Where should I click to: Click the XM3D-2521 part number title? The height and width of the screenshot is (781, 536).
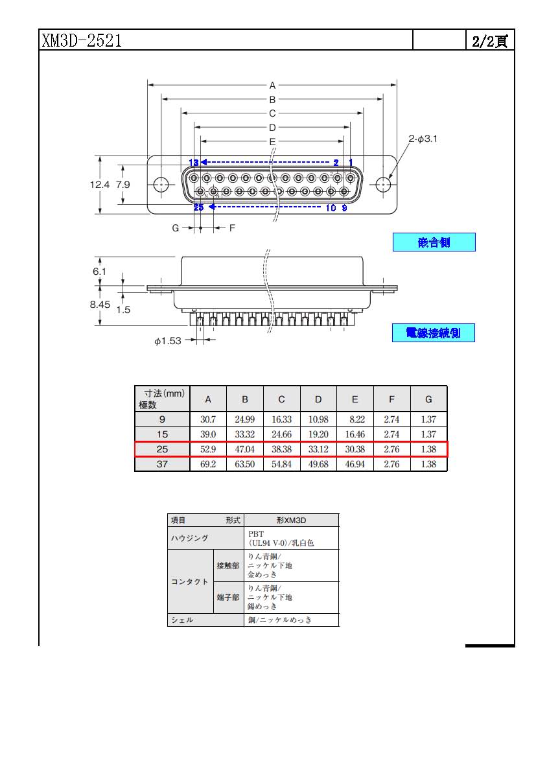coord(82,40)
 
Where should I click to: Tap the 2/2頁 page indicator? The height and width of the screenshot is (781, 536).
coord(490,41)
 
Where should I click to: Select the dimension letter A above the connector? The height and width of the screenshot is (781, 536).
coord(272,86)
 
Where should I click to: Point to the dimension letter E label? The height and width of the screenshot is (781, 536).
coord(272,141)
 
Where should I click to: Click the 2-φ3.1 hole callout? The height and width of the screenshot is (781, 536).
coord(423,139)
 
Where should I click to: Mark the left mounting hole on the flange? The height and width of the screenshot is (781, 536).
coord(161,185)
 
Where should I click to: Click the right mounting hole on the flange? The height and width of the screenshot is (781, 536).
coord(383,185)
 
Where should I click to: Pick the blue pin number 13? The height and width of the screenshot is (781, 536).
coord(194,163)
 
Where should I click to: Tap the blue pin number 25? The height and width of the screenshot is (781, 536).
coord(198,207)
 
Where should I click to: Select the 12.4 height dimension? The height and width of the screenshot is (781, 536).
coord(99,185)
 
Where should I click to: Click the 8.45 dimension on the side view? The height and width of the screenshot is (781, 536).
coord(100,305)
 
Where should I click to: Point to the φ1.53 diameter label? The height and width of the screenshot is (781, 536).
coord(168,341)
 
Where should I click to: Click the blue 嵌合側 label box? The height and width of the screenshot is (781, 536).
coord(434,242)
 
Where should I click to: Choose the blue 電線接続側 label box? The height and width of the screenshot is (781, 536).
coord(434,333)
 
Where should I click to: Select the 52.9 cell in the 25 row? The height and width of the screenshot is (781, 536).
coord(208,449)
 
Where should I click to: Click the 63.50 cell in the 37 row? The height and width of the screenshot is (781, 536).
coord(245,464)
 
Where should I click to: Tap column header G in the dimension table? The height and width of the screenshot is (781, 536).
coord(428,399)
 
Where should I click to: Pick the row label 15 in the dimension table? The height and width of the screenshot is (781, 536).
coord(162,434)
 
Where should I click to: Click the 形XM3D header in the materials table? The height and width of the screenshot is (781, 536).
coord(291,520)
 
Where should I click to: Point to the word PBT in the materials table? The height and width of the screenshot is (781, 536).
coord(256,534)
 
